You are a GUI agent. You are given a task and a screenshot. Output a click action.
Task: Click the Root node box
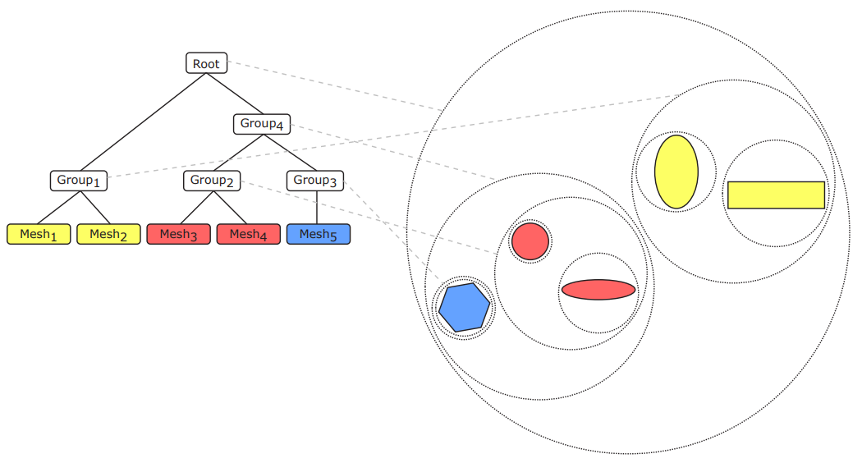pyautogui.click(x=206, y=63)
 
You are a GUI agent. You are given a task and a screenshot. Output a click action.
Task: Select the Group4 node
pyautogui.click(x=262, y=124)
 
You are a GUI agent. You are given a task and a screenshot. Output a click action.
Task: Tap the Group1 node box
pyautogui.click(x=79, y=181)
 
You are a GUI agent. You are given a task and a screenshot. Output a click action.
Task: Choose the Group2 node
pyautogui.click(x=212, y=181)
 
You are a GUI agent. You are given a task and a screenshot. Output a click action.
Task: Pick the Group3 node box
pyautogui.click(x=315, y=181)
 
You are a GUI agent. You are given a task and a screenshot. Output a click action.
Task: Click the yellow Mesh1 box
pyautogui.click(x=39, y=234)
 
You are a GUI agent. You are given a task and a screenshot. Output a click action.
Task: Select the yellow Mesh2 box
pyautogui.click(x=108, y=234)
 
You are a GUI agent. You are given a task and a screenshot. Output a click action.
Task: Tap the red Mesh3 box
pyautogui.click(x=179, y=234)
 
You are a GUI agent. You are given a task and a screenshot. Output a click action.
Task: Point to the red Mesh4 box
pyautogui.click(x=249, y=234)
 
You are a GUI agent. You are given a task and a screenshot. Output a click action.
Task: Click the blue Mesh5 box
pyautogui.click(x=319, y=234)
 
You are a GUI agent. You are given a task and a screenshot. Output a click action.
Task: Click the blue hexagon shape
pyautogui.click(x=464, y=307)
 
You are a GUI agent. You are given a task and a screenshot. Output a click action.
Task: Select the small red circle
pyautogui.click(x=530, y=241)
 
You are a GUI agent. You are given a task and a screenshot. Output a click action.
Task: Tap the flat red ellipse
pyautogui.click(x=598, y=290)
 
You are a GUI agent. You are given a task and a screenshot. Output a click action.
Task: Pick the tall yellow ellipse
pyautogui.click(x=676, y=172)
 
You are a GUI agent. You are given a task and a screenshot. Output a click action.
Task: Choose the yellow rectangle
pyautogui.click(x=777, y=195)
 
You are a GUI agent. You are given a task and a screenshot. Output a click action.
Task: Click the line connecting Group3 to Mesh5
pyautogui.click(x=317, y=208)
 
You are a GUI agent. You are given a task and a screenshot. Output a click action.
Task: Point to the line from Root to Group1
pyautogui.click(x=143, y=121)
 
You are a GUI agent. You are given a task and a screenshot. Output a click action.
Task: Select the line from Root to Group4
pyautogui.click(x=235, y=93)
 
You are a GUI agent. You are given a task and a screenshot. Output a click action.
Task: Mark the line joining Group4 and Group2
pyautogui.click(x=238, y=153)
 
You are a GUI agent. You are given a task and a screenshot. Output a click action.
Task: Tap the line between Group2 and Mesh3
pyautogui.click(x=197, y=208)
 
